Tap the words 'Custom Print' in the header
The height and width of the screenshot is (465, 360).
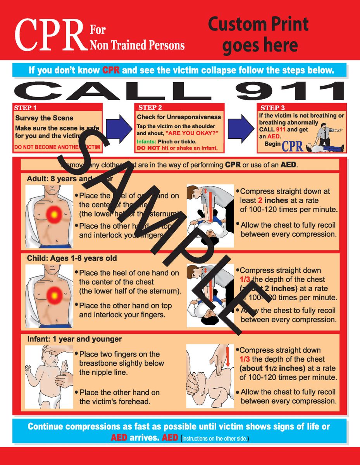[x=258, y=24]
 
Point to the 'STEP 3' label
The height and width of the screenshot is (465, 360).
[x=272, y=108]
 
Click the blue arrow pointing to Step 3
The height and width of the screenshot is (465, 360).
[x=241, y=127]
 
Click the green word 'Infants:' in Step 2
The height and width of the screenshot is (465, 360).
[x=146, y=142]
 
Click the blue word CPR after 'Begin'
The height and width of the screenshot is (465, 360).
[x=293, y=146]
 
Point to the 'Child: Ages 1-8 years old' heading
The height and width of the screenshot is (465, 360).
[x=72, y=258]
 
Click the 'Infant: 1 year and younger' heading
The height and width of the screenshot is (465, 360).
[x=74, y=339]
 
